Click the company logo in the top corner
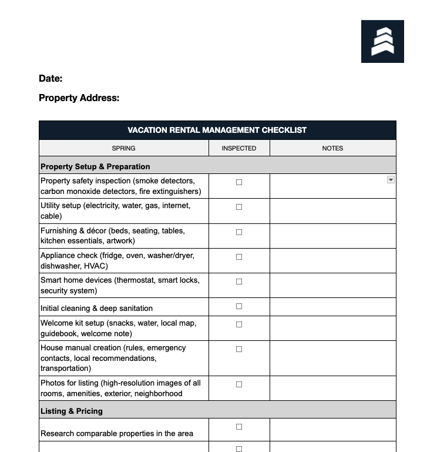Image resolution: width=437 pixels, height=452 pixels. pyautogui.click(x=382, y=41)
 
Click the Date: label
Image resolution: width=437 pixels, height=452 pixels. pyautogui.click(x=51, y=79)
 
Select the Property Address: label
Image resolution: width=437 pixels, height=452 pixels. pyautogui.click(x=79, y=98)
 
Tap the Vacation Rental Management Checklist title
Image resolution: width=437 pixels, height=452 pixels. pyautogui.click(x=217, y=130)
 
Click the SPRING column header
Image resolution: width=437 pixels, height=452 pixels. pyautogui.click(x=123, y=148)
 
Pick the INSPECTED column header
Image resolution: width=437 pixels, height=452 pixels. pyautogui.click(x=239, y=148)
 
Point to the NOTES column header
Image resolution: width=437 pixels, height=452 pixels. pyautogui.click(x=332, y=148)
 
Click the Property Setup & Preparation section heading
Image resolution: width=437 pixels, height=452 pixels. pyautogui.click(x=95, y=166)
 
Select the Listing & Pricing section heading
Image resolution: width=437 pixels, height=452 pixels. pyautogui.click(x=71, y=411)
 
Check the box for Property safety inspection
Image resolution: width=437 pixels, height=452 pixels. pyautogui.click(x=239, y=182)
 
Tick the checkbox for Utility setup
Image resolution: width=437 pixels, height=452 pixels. pyautogui.click(x=239, y=207)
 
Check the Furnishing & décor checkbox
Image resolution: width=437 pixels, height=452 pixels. pyautogui.click(x=239, y=232)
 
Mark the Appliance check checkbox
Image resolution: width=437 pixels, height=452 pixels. pyautogui.click(x=239, y=257)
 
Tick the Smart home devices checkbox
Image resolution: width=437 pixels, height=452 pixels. pyautogui.click(x=239, y=282)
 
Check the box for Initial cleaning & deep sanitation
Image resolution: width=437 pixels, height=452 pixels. pyautogui.click(x=239, y=306)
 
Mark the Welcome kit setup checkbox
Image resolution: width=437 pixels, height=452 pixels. pyautogui.click(x=239, y=324)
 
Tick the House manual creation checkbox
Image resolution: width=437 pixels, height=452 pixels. pyautogui.click(x=239, y=349)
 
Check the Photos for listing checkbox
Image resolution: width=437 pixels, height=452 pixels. pyautogui.click(x=239, y=384)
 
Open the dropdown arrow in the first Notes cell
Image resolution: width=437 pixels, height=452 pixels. pyautogui.click(x=391, y=180)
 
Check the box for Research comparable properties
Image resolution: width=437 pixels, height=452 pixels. pyautogui.click(x=239, y=427)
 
